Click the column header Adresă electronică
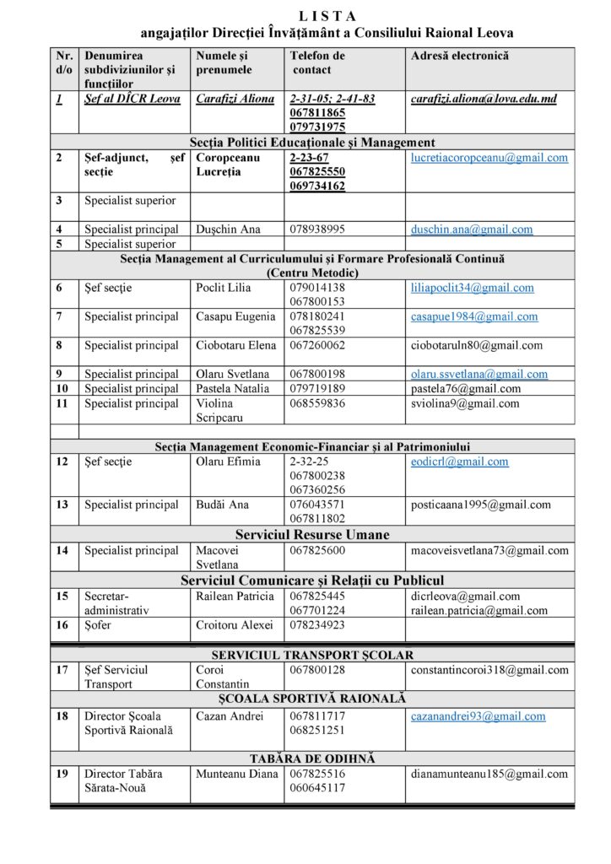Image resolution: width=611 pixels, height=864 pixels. point(459,56)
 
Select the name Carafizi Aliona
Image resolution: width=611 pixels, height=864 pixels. point(235,99)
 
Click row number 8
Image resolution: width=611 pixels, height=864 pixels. point(60,345)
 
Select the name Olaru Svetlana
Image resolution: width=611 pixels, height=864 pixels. point(232,374)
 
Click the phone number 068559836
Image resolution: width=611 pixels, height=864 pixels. point(317,403)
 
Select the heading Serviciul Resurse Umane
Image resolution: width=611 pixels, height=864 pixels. point(312,534)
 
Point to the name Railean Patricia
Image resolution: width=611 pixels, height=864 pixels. point(235,596)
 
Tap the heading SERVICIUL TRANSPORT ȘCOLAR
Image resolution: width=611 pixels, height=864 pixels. point(312,655)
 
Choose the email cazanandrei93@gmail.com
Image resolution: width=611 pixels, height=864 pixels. point(478,715)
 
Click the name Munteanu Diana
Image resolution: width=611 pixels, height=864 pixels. point(236,773)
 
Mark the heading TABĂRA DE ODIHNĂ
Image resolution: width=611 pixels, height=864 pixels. point(312,759)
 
